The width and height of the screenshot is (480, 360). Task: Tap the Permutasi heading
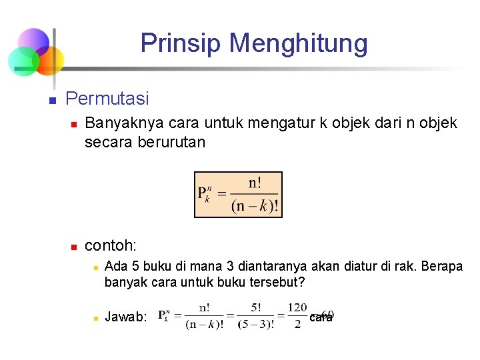click(x=107, y=99)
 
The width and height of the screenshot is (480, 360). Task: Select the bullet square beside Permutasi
click(x=51, y=101)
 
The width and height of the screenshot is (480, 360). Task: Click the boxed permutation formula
click(x=238, y=194)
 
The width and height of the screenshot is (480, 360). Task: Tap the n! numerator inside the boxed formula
click(x=255, y=183)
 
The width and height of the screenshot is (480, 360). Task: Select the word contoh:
click(x=111, y=247)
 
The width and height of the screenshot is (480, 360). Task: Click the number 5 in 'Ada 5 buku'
click(x=133, y=267)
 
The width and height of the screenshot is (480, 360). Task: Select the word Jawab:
click(x=126, y=317)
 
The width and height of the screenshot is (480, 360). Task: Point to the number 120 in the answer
click(x=297, y=308)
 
